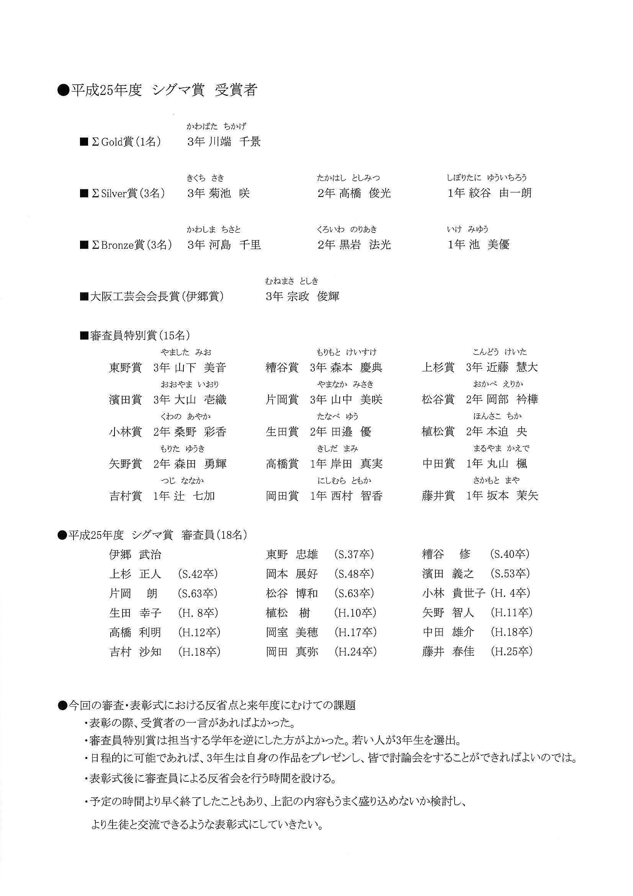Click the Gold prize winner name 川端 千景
[x=234, y=141]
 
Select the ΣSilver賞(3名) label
[x=128, y=193]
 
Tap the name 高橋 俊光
[x=365, y=193]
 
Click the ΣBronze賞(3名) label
[x=131, y=245]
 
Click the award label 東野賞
[x=125, y=368]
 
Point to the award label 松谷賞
[x=438, y=400]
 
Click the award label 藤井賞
[x=438, y=496]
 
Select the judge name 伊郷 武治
[x=135, y=555]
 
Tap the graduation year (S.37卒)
[x=354, y=554]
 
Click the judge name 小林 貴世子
[x=453, y=593]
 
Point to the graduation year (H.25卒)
[x=511, y=651]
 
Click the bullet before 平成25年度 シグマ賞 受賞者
[x=62, y=90]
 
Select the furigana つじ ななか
[x=182, y=481]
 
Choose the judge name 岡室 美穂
[x=292, y=632]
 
